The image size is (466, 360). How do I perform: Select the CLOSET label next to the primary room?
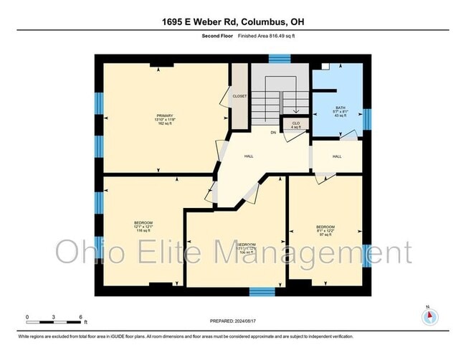(x=239, y=96)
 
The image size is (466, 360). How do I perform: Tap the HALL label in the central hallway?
(x=249, y=156)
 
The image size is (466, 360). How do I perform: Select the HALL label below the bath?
(x=337, y=156)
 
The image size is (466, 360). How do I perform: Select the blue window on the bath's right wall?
(x=367, y=119)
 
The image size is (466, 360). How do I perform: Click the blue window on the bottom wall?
(x=262, y=290)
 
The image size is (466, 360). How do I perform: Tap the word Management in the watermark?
(x=324, y=253)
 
